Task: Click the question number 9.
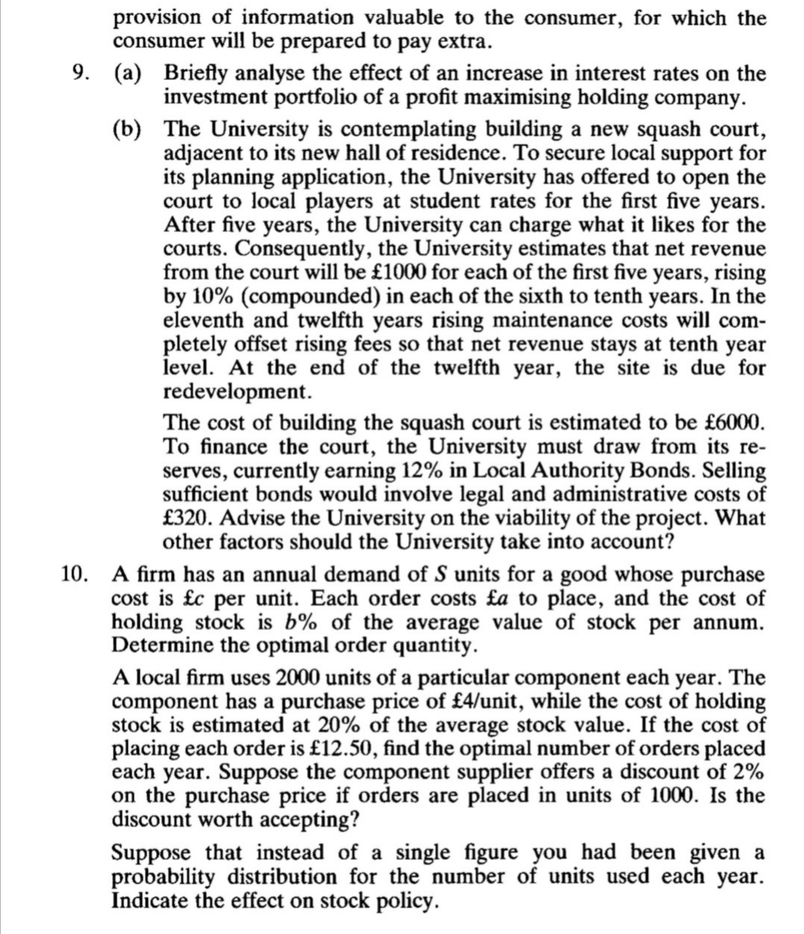(76, 74)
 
